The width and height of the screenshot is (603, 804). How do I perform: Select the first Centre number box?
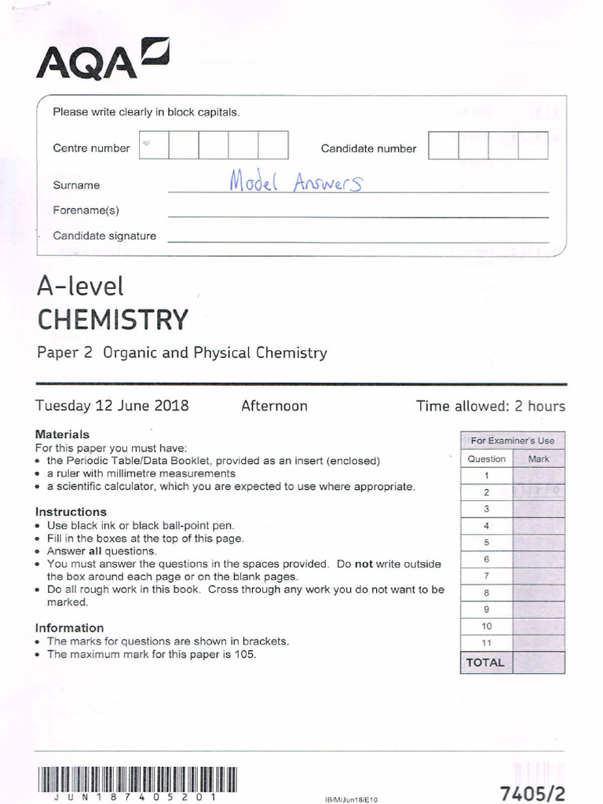(153, 146)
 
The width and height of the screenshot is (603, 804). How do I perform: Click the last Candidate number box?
(533, 146)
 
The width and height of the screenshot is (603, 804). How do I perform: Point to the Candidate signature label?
(104, 236)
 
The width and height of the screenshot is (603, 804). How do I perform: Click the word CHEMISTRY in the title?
(113, 320)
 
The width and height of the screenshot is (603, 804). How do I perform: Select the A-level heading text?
(80, 287)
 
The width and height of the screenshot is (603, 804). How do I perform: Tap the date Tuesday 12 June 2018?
(112, 406)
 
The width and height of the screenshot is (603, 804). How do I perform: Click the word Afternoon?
(274, 406)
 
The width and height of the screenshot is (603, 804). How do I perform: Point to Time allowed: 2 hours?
(491, 406)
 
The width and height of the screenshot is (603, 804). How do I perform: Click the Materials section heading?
(63, 434)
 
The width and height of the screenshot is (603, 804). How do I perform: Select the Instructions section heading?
(71, 512)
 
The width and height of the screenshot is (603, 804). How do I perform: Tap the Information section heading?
(69, 628)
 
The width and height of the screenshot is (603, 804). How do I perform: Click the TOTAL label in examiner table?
(485, 662)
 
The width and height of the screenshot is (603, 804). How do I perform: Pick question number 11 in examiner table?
(486, 642)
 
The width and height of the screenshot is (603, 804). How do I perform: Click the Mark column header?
(539, 459)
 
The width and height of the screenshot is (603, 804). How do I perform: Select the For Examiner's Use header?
(512, 440)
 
